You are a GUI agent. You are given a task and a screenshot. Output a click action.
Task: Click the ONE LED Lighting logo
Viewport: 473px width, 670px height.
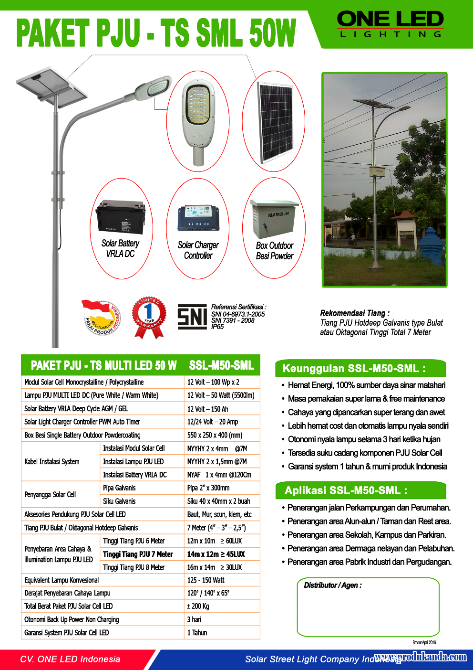pos(390,24)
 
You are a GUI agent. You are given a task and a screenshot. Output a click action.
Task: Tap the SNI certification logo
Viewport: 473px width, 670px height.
pos(192,317)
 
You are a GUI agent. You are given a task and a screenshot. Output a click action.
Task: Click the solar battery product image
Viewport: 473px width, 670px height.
pos(120,217)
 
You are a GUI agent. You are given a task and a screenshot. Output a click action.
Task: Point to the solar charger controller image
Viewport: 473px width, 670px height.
pos(198,218)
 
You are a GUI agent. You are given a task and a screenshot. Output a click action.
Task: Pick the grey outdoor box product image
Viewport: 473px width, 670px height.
pos(274,219)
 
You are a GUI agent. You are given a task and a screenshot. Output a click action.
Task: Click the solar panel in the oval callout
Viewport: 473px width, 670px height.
pos(275,122)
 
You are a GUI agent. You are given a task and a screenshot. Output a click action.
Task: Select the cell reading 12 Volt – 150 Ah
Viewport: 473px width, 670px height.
pos(207,409)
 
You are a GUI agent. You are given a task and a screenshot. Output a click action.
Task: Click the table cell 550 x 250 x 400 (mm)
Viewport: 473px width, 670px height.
pos(215,435)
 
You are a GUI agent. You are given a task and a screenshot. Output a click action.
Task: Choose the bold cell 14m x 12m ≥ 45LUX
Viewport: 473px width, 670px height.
pos(216,554)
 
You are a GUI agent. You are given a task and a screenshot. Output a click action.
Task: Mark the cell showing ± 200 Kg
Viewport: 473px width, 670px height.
pos(198,606)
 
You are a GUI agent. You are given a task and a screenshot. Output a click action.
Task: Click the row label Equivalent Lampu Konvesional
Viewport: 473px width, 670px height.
pos(62,580)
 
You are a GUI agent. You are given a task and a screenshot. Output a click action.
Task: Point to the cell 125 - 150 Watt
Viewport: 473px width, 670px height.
pos(206,580)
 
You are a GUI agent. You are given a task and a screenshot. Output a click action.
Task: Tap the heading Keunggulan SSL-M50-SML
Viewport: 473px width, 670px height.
pos(354,368)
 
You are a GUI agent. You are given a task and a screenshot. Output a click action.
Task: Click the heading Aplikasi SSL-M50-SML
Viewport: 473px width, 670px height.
pos(346,490)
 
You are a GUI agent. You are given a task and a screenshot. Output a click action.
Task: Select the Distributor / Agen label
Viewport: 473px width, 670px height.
pos(333,585)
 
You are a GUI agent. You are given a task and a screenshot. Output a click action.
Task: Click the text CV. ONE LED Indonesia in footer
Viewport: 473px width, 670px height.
pos(70,659)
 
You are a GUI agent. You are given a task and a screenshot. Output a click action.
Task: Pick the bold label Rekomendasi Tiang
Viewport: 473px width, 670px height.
pos(354,313)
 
